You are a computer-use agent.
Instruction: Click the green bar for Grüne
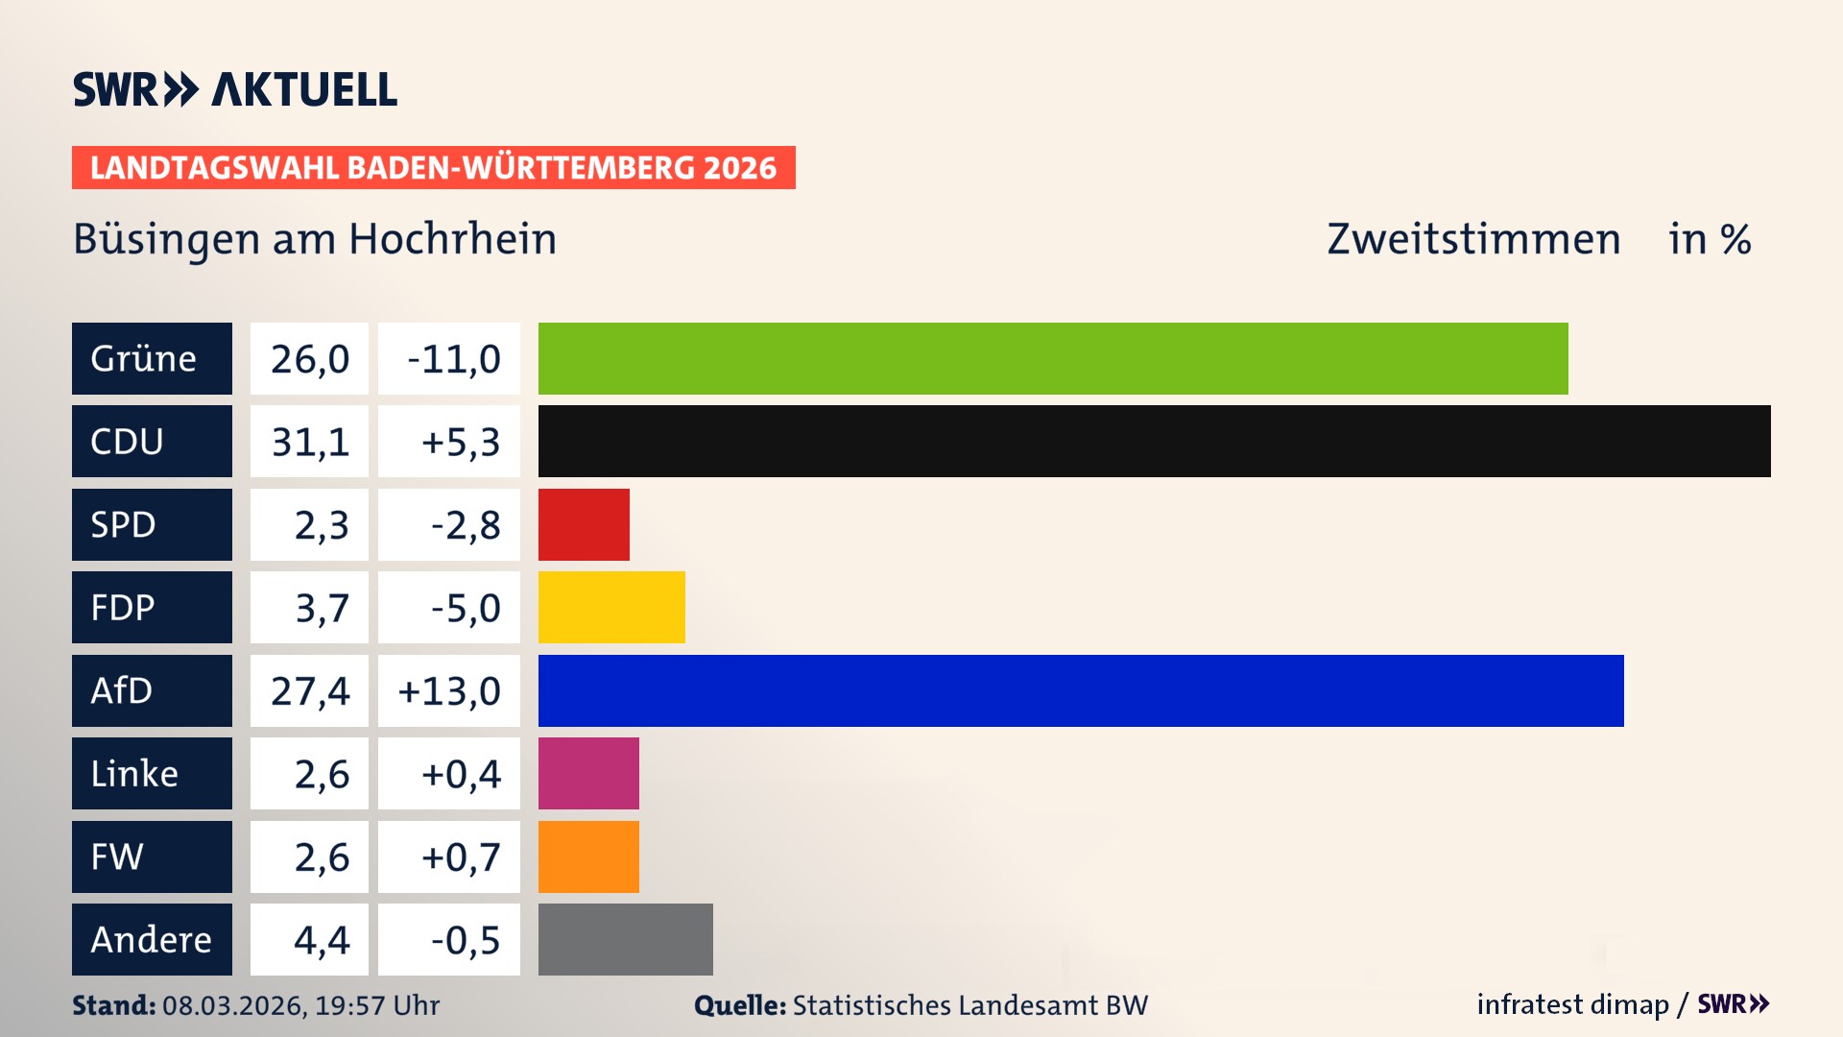coord(1053,358)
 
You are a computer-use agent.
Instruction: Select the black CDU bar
coord(1154,442)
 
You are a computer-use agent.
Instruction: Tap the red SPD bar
coord(584,524)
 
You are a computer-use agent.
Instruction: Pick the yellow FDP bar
coord(611,607)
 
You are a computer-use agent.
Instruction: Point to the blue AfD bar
coord(1081,690)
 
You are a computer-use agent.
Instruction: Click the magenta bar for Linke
coord(588,773)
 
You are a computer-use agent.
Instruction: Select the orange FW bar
coord(588,856)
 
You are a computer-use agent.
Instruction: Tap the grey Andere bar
coord(625,939)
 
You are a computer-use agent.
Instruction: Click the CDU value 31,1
coord(309,442)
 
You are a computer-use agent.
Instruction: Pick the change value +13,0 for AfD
coord(448,690)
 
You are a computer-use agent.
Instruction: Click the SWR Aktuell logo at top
coord(235,89)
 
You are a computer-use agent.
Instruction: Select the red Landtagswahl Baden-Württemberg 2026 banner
coord(433,167)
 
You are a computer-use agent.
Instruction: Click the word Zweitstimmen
coord(1473,239)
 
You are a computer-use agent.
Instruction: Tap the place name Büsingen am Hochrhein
coord(315,239)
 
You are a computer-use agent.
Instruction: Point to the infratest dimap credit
coord(1572,1004)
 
